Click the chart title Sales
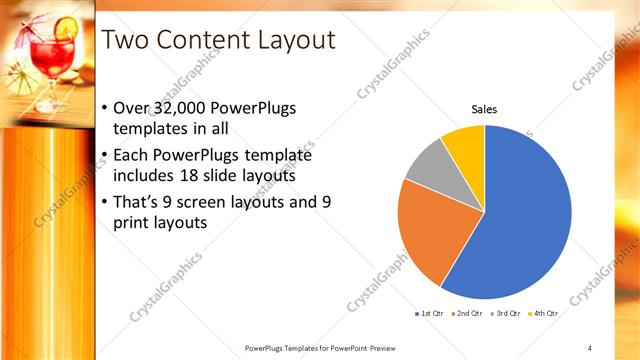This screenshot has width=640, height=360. (x=485, y=109)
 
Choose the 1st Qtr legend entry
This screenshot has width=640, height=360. (x=431, y=313)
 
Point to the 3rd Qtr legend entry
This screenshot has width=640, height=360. (x=506, y=313)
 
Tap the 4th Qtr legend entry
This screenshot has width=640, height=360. (x=543, y=313)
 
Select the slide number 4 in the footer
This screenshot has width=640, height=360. (x=589, y=347)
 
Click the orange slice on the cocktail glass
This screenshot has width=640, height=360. (x=65, y=29)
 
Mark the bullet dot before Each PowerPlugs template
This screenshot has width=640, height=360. (x=107, y=156)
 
